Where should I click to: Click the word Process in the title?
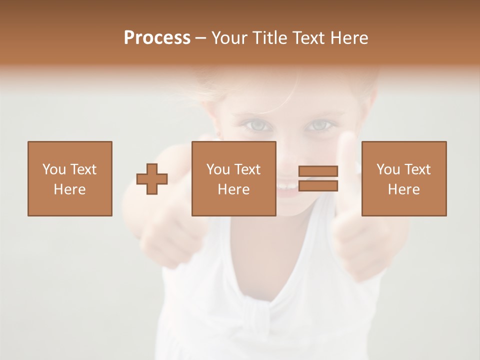pos(157,38)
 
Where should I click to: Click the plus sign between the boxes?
pos(152,179)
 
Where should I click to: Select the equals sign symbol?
pos(318,178)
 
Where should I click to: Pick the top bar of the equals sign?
pos(318,171)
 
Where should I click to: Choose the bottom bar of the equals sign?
pos(318,185)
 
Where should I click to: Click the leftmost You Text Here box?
pos(69,178)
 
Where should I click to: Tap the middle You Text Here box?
pos(233,178)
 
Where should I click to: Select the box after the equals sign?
pos(403,178)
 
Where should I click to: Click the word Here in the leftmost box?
pos(69,189)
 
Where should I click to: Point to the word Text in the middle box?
pos(247,169)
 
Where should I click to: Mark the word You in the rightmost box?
pos(388,169)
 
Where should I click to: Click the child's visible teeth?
pos(286,186)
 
